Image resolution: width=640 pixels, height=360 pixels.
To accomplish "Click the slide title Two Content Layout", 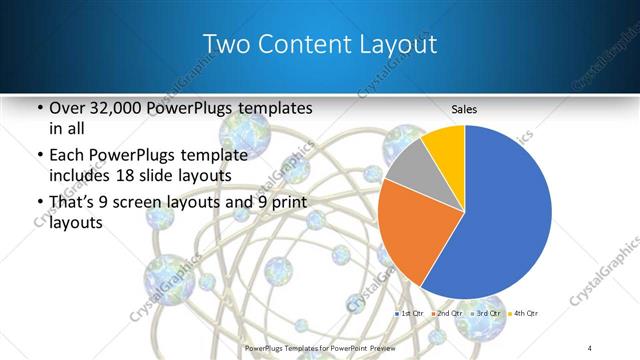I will coord(319,45).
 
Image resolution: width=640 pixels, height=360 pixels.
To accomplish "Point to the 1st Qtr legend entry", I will coord(412,314).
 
